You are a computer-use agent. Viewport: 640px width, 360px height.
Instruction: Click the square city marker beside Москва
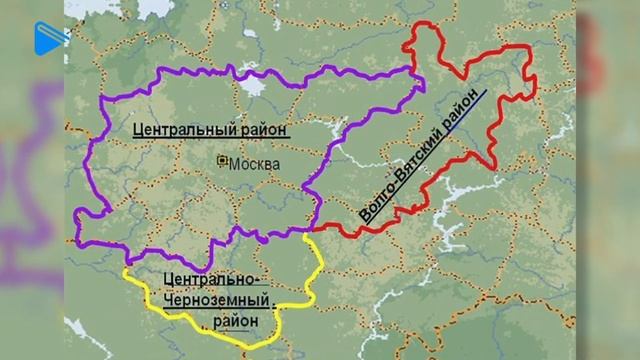(x=223, y=163)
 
